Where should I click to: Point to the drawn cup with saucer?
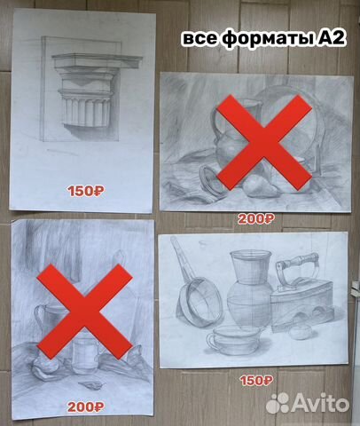pos(226,341)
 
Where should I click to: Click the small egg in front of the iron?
pos(299,332)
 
